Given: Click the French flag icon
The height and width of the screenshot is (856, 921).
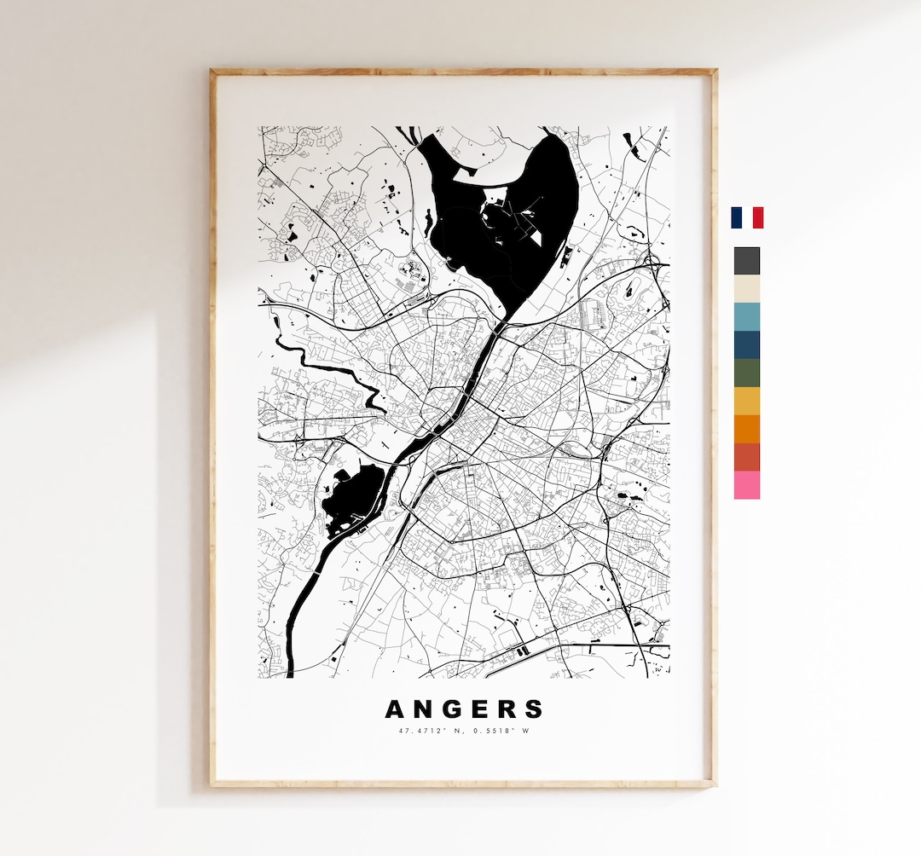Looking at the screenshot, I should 747,217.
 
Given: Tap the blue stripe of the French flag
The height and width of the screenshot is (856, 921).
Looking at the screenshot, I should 736,217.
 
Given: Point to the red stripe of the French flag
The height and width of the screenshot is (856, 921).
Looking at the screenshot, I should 758,217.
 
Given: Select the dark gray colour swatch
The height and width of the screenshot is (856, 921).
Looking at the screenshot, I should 747,261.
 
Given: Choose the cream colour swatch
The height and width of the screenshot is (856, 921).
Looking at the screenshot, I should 747,289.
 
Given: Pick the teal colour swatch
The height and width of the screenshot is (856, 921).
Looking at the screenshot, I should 747,317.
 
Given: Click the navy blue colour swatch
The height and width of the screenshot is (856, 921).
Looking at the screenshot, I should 747,344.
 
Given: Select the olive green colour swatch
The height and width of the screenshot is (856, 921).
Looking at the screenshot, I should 747,373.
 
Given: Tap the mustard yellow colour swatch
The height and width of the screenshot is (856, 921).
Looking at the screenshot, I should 747,401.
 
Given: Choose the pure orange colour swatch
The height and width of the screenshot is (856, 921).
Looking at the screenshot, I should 747,429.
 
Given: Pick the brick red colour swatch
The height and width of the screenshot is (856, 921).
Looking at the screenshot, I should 747,457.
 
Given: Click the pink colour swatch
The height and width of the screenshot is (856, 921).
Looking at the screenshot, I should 747,485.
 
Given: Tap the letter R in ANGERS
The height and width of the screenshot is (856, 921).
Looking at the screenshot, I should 508,709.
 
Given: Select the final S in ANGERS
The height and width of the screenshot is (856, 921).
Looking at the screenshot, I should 535,709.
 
